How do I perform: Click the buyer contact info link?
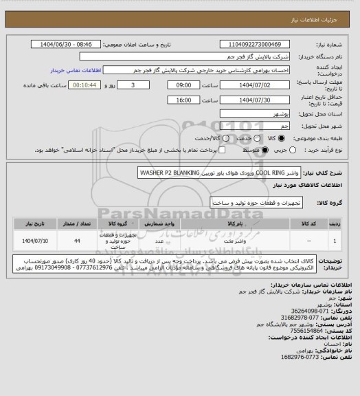[x=77, y=70]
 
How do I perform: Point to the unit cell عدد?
[x=159, y=242]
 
